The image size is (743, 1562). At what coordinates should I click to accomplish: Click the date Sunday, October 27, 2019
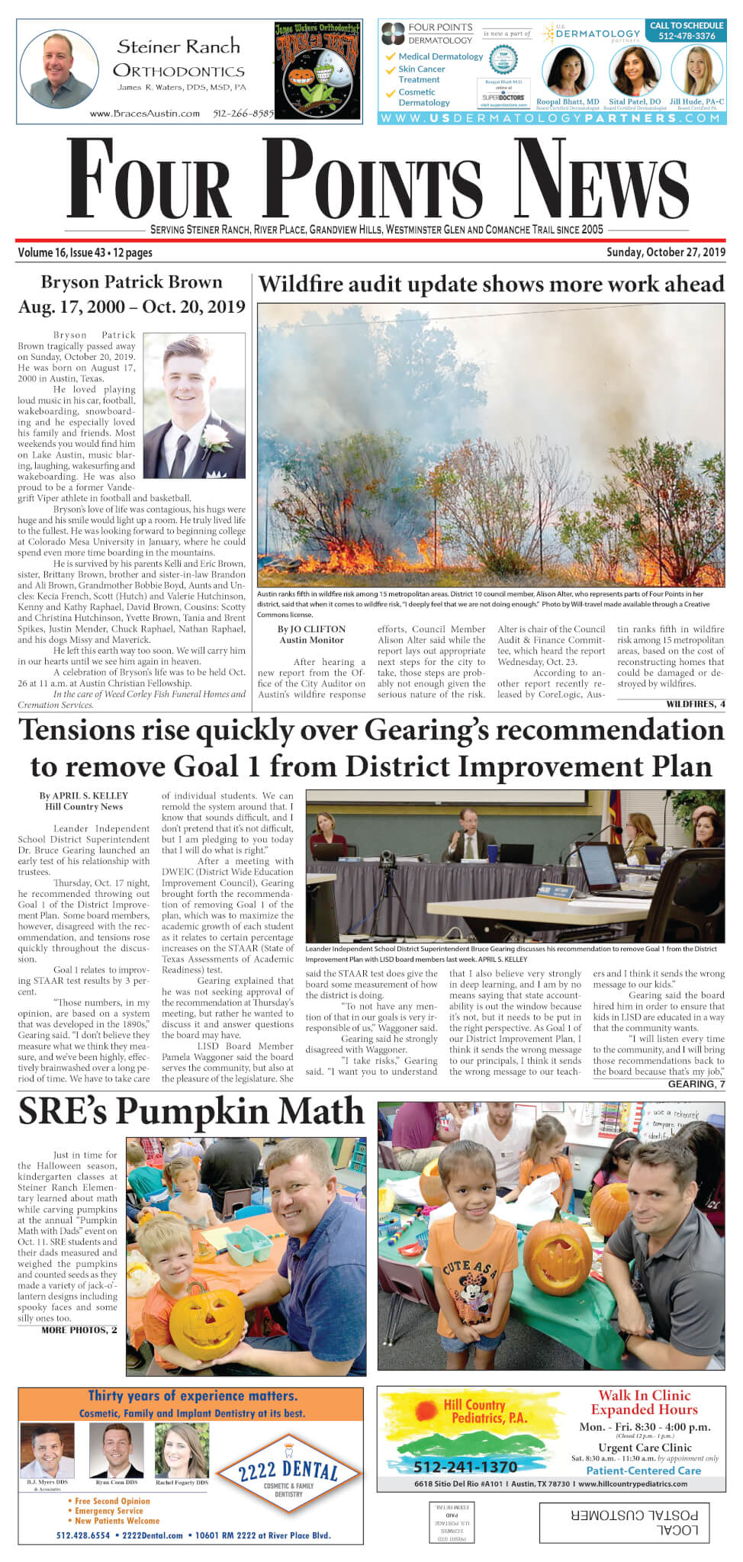[x=665, y=252]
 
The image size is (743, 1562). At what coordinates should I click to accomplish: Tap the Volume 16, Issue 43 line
[x=85, y=252]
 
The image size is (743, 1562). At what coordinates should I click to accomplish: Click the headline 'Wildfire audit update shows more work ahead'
[x=491, y=284]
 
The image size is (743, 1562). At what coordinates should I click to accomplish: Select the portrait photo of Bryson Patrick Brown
[x=194, y=406]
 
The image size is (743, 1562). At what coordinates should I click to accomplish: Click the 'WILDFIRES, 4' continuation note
[x=695, y=703]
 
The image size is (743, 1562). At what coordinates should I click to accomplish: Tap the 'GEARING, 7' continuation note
[x=696, y=1084]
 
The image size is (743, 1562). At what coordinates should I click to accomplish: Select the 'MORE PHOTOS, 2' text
[x=79, y=1329]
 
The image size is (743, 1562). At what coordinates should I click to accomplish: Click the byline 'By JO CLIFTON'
[x=311, y=629]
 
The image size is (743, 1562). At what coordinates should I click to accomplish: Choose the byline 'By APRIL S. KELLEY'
[x=84, y=795]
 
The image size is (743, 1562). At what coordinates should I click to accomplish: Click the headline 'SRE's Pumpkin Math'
[x=191, y=1111]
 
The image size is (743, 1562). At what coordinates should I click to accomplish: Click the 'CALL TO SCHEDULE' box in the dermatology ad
[x=687, y=31]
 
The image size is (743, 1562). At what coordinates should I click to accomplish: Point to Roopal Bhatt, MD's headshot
[x=568, y=71]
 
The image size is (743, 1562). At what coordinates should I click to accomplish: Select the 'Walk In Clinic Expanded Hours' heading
[x=644, y=1402]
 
